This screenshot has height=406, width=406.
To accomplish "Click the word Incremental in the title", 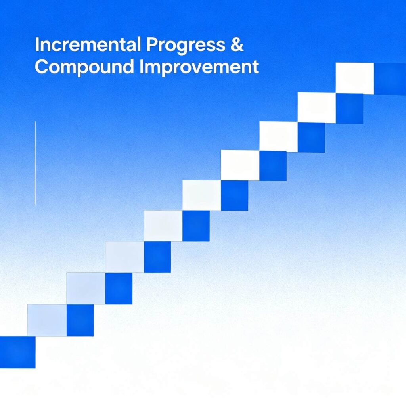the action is click(x=88, y=44).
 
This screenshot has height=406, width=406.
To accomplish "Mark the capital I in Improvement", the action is click(x=142, y=67).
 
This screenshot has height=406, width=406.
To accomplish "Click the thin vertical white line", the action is click(x=35, y=163).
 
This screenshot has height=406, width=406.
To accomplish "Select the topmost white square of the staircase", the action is click(x=355, y=79).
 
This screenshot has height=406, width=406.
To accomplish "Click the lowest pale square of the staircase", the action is click(x=47, y=320).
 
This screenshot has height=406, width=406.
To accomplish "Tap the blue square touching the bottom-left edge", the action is click(x=17, y=352).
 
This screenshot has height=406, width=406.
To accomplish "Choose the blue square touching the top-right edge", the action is click(x=390, y=79).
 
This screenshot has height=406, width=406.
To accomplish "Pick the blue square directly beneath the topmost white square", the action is click(x=349, y=109).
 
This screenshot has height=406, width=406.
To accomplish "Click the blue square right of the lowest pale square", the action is click(x=80, y=320).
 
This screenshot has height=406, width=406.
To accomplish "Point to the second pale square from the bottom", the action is click(x=86, y=289).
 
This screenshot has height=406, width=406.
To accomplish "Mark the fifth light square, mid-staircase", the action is click(x=202, y=195).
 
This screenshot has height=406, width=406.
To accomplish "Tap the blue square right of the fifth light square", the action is click(x=235, y=195).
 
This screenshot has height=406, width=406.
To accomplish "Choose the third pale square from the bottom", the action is click(x=124, y=257).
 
